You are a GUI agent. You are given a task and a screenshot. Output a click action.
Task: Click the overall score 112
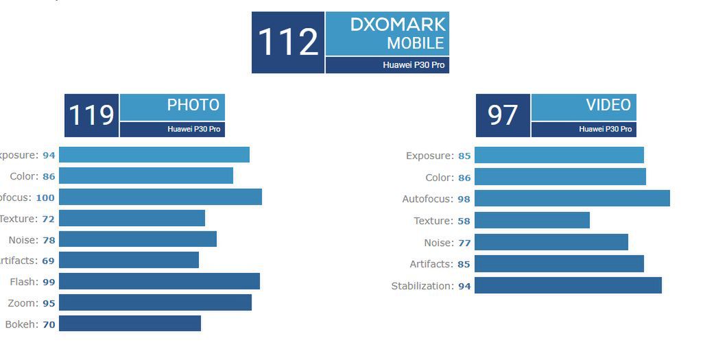(287, 42)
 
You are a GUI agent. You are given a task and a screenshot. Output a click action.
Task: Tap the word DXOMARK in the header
(398, 25)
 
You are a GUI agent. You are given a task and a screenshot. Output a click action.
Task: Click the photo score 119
(91, 115)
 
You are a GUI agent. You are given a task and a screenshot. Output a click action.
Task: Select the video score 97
(503, 115)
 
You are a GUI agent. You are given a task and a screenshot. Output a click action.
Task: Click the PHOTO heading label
(193, 105)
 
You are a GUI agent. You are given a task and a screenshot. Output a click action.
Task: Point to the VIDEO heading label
(608, 105)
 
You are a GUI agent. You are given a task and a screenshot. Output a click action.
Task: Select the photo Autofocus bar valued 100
(160, 197)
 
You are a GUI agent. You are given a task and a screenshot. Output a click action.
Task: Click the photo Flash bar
(159, 281)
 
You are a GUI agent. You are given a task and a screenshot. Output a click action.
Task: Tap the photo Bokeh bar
(130, 323)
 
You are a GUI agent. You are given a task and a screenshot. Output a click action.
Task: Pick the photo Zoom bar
(155, 302)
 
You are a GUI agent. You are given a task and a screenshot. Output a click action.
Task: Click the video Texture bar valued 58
(532, 220)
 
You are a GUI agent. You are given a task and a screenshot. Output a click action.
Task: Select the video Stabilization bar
(568, 285)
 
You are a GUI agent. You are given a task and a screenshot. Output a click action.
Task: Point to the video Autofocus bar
(572, 198)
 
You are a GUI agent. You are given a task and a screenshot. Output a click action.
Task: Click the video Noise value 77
(464, 243)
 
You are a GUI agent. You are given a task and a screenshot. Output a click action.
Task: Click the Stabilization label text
(422, 286)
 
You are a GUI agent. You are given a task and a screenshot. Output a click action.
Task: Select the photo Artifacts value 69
(48, 261)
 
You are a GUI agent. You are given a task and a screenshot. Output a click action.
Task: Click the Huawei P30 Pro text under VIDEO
(605, 129)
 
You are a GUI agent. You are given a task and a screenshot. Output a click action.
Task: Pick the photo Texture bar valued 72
(132, 218)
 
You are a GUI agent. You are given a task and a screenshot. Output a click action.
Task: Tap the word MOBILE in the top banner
(416, 43)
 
